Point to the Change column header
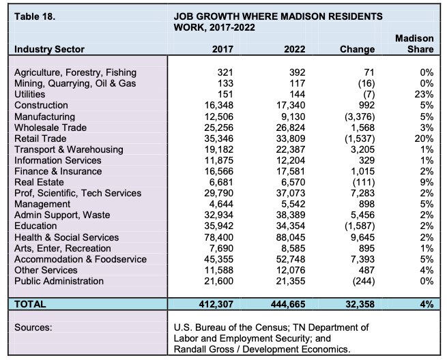(357, 49)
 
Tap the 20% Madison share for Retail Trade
(424, 138)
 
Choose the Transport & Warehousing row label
(68, 149)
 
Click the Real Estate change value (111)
(362, 182)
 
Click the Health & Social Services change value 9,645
(360, 237)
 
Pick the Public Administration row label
(59, 281)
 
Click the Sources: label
(34, 327)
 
